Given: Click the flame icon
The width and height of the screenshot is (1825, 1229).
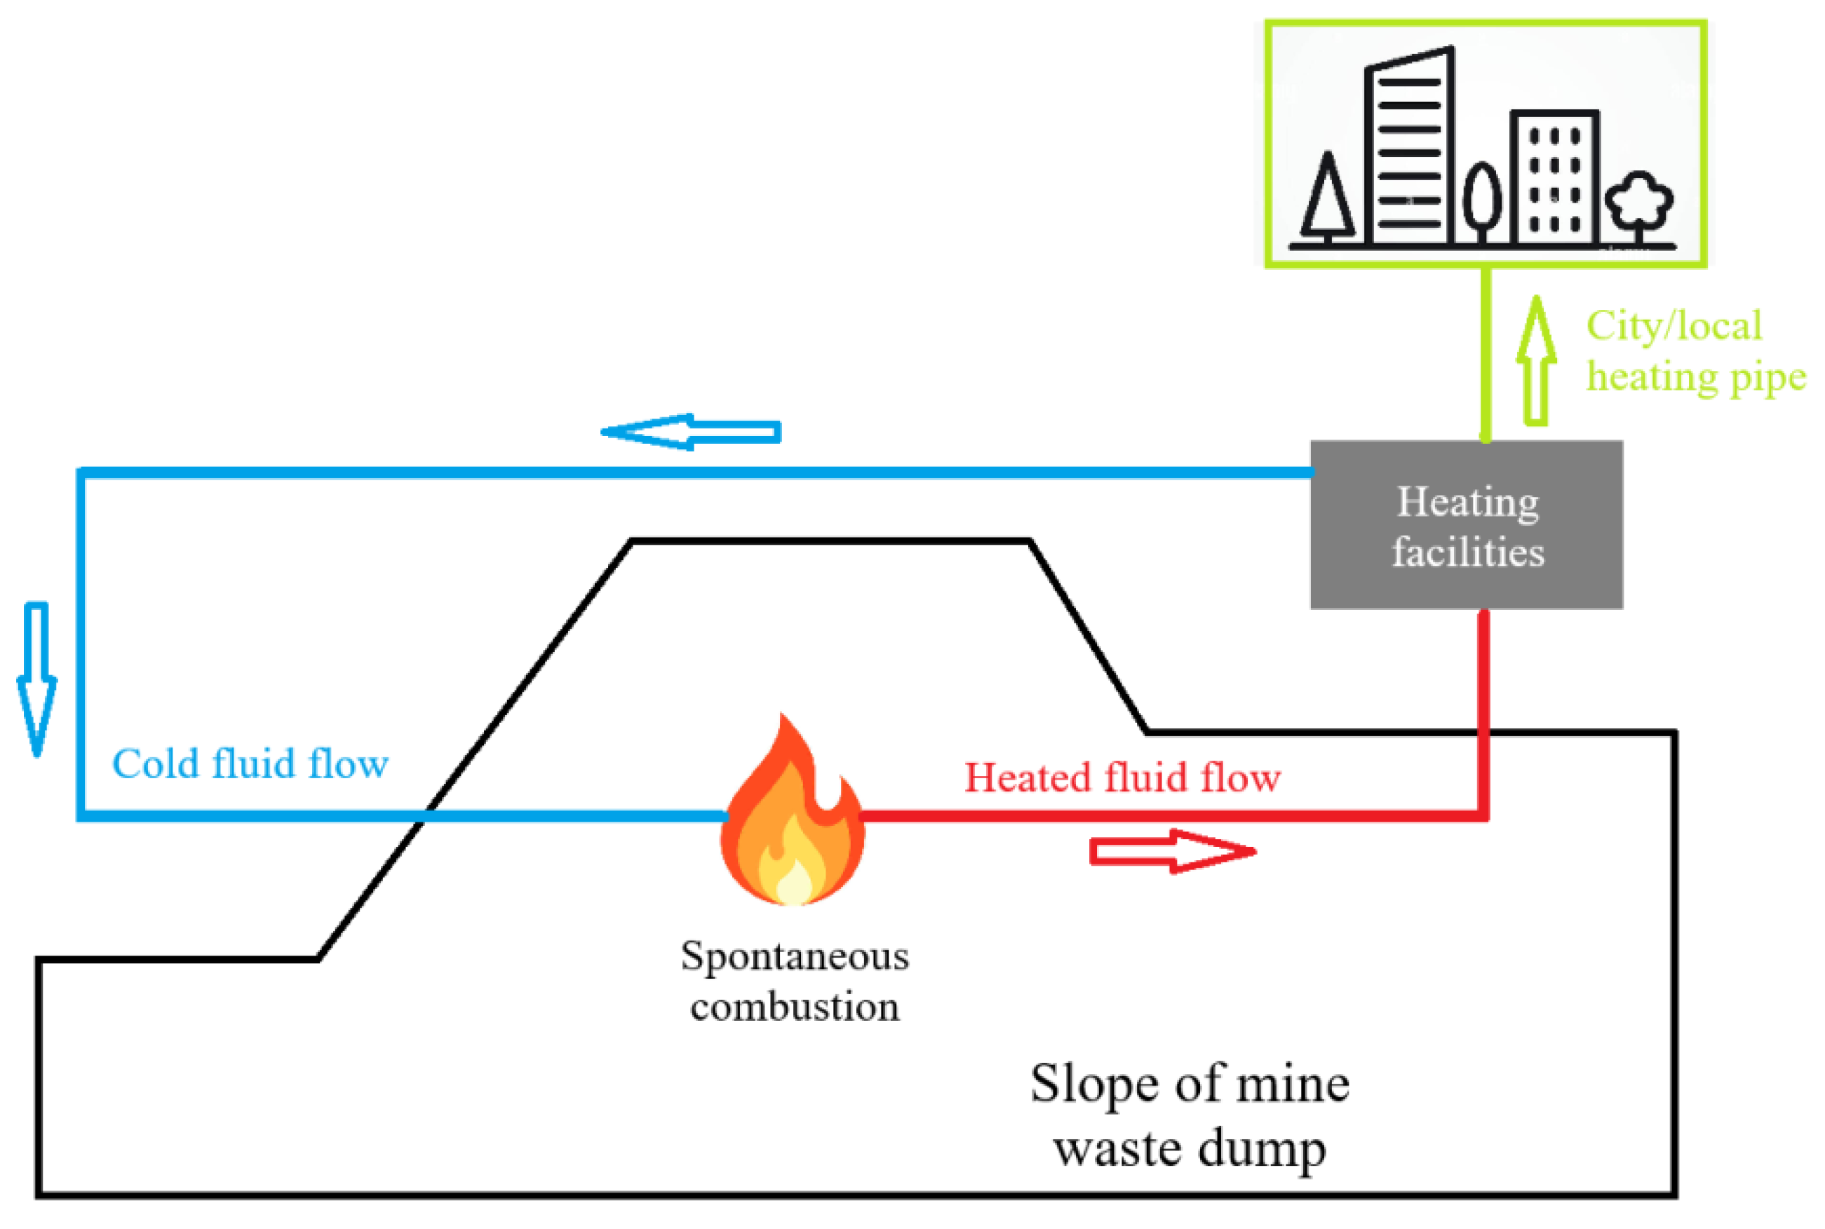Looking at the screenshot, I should pos(792,815).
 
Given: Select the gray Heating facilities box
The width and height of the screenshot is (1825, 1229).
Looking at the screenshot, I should pos(1466,524).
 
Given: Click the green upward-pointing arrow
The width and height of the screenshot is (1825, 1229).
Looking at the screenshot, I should pos(1536,361).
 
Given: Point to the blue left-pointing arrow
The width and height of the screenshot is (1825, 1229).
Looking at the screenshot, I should pos(690,432).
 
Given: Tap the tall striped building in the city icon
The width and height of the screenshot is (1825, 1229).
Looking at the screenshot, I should pos(1409,149).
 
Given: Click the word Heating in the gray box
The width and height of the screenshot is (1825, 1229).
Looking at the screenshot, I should pos(1467,502).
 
